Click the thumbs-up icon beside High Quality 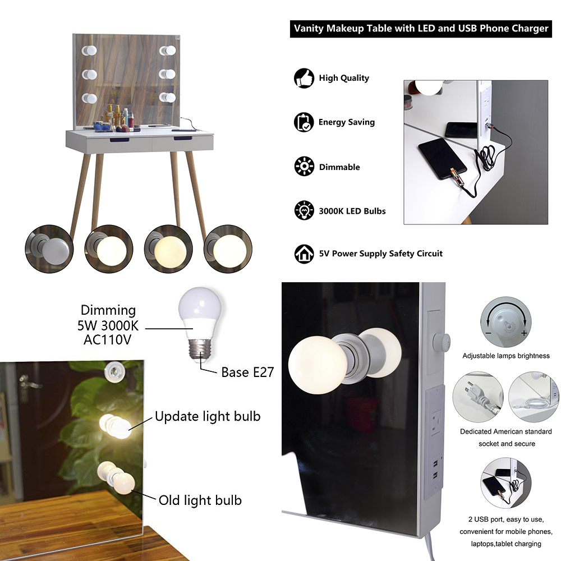[304, 78]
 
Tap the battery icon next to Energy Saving [304, 122]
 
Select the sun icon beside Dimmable [304, 167]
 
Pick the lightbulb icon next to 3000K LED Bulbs [304, 210]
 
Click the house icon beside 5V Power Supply [304, 254]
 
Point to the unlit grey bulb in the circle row [49, 249]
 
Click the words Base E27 [247, 372]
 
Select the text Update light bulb [208, 416]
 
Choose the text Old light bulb [200, 500]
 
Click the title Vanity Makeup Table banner [421, 29]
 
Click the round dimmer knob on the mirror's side [441, 342]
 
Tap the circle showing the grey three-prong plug [478, 397]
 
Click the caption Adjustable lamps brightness [506, 356]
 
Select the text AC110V [107, 339]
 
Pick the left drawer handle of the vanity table [119, 140]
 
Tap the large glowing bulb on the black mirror [318, 365]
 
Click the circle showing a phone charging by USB [505, 483]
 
